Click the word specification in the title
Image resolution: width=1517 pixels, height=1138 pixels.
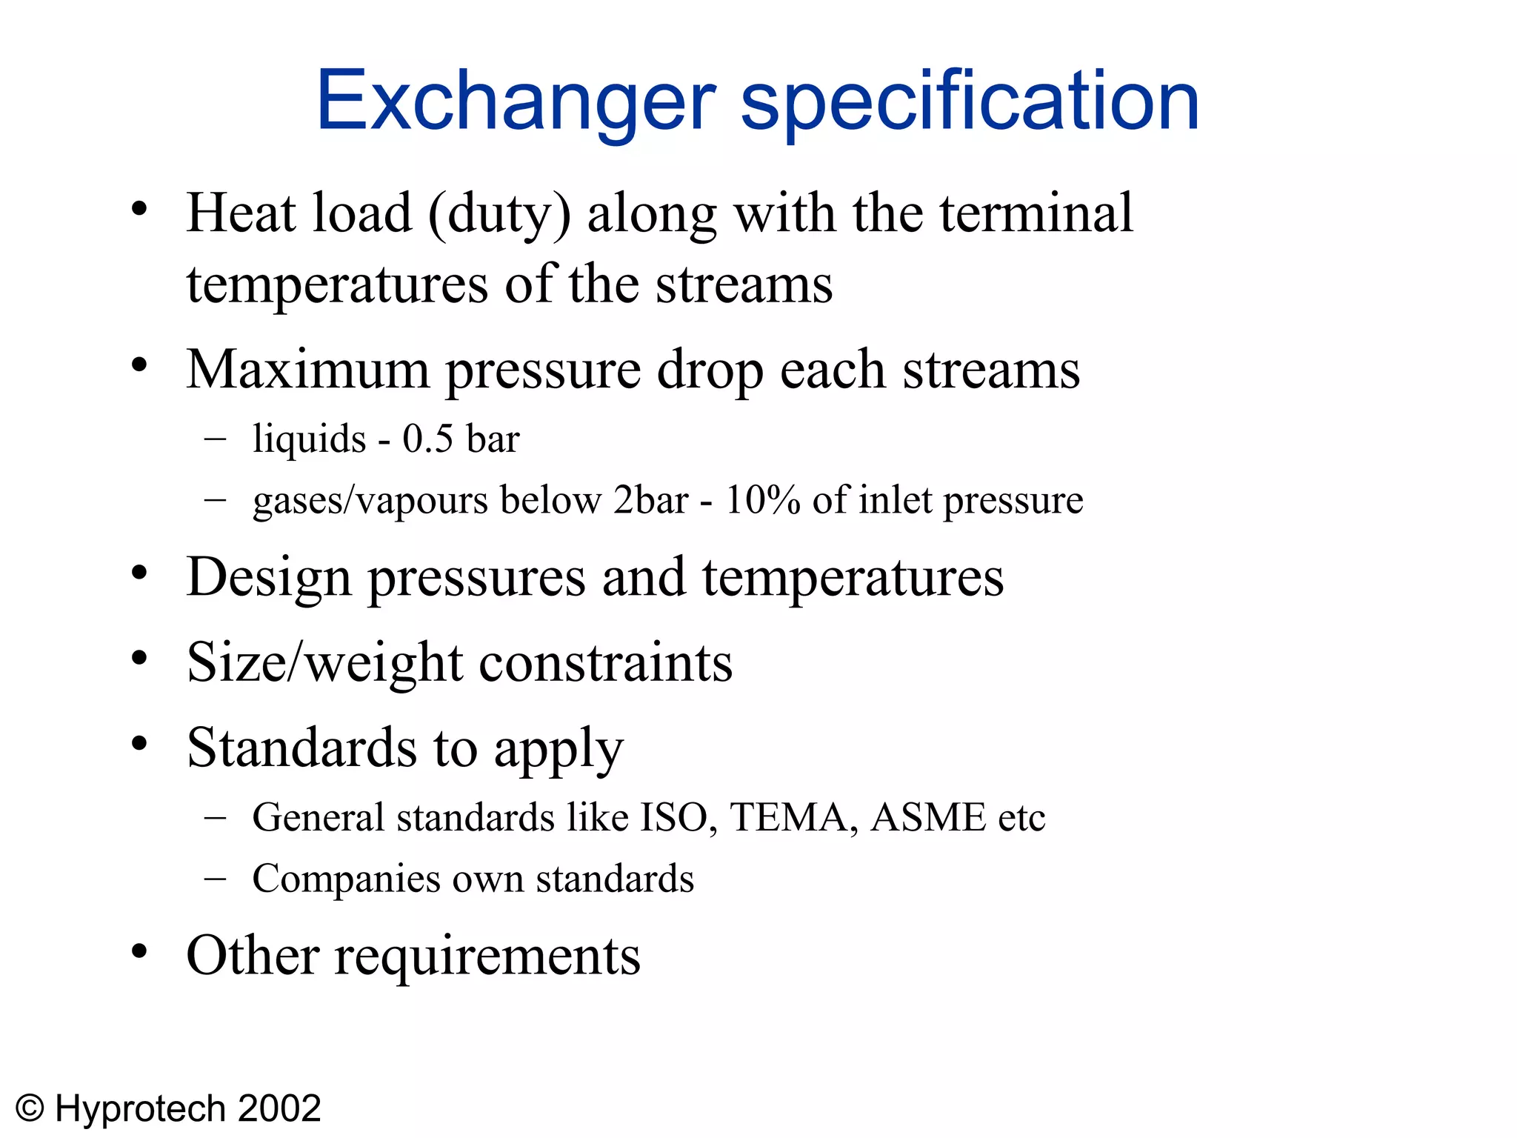pos(970,101)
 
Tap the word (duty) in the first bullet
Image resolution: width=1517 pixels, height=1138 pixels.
pos(500,213)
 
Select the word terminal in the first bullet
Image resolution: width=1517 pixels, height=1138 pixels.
pos(1036,213)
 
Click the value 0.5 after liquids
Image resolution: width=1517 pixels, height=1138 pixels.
pos(427,439)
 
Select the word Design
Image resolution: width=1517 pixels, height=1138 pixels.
pos(269,578)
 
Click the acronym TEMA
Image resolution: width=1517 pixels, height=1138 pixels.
pos(789,817)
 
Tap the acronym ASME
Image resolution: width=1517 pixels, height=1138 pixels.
pos(928,817)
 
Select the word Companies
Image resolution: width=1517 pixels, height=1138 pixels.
pos(346,880)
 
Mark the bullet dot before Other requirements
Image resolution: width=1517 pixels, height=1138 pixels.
pos(139,951)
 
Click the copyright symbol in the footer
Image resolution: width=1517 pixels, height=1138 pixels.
pos(30,1109)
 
